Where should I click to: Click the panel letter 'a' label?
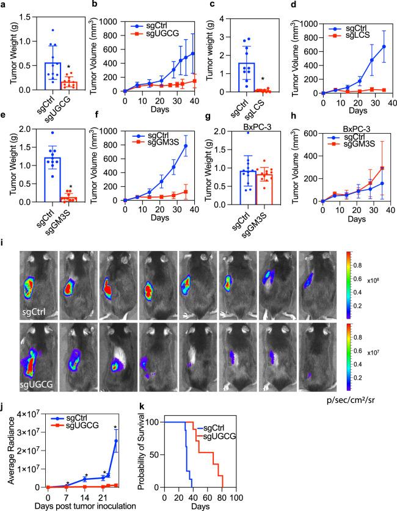point(4,5)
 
